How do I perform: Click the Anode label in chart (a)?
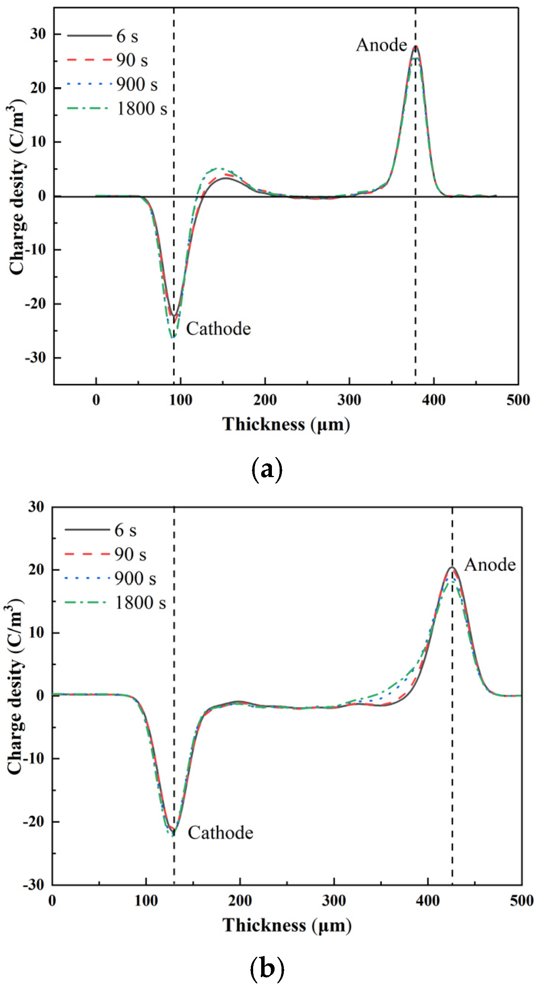coord(381,45)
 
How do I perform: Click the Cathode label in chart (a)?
coord(218,329)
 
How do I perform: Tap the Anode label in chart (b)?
coord(490,565)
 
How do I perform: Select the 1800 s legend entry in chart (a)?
coord(142,109)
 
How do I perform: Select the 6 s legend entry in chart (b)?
coord(125,530)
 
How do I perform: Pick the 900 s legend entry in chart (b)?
coord(135,579)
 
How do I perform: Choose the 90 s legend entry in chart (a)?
coord(132,60)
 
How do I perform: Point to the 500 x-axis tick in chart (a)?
coord(518,400)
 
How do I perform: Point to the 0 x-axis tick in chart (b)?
coord(52,900)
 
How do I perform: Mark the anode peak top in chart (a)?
coord(415,46)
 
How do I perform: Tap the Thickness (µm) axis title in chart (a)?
coord(286,425)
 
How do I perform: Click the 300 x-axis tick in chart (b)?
coord(334,900)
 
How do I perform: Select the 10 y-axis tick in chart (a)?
coord(37,142)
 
